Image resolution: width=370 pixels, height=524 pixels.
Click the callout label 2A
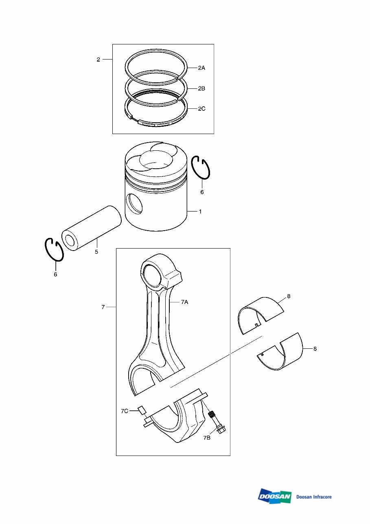[201, 68]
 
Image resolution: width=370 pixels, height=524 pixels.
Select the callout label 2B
[201, 88]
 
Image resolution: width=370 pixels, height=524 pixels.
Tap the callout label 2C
[201, 109]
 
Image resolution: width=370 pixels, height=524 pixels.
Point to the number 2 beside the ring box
[98, 60]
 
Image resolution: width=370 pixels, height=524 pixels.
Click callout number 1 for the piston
[200, 212]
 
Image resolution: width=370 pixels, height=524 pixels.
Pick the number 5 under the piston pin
[96, 252]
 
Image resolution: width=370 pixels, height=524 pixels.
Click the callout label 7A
[184, 302]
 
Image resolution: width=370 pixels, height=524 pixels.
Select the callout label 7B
[207, 438]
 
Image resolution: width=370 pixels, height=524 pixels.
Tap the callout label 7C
[125, 411]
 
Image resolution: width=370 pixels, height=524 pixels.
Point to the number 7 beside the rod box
[103, 307]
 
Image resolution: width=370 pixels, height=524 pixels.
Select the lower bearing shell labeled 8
[281, 352]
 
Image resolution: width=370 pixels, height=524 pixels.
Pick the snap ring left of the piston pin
[54, 249]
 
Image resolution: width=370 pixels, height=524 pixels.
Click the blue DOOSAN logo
[275, 496]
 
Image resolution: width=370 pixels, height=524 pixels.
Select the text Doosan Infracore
[314, 497]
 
